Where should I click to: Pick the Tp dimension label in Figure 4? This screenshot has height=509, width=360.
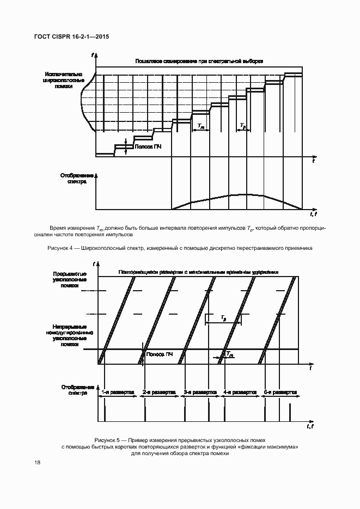[x=242, y=126]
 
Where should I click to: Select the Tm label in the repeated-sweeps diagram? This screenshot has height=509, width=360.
[x=230, y=354]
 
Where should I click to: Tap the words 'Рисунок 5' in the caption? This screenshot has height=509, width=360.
[x=109, y=439]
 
